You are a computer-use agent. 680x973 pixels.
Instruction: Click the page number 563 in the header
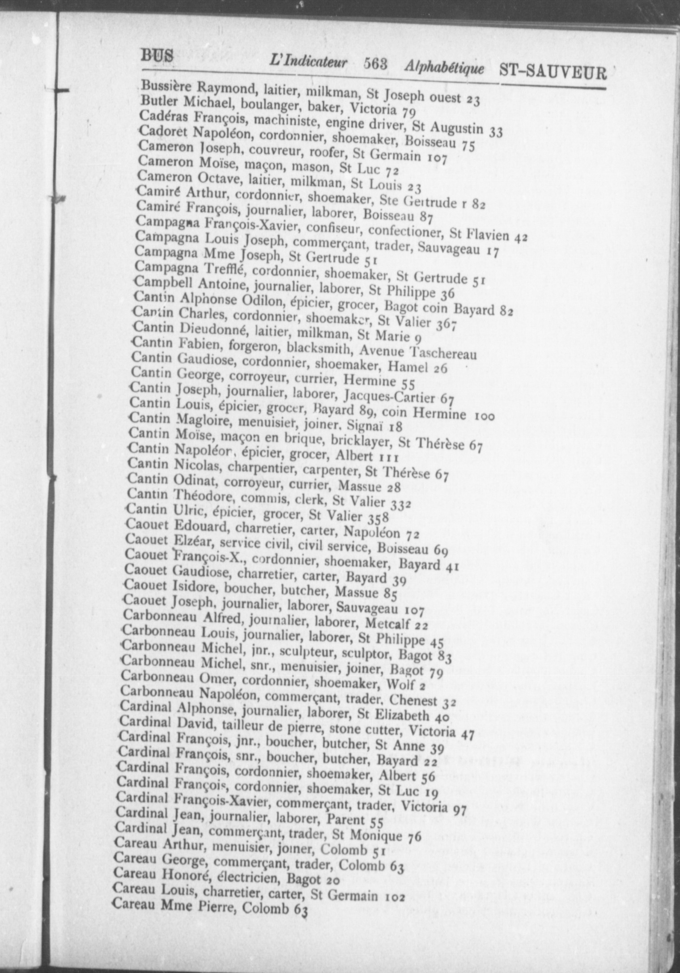pyautogui.click(x=375, y=65)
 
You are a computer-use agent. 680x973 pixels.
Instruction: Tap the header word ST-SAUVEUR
pyautogui.click(x=552, y=72)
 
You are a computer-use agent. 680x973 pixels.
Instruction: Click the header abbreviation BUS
pyautogui.click(x=157, y=55)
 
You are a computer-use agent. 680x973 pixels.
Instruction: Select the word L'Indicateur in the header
pyautogui.click(x=308, y=62)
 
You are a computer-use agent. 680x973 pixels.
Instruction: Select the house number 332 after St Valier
pyautogui.click(x=400, y=504)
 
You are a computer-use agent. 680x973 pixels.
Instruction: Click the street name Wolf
pyautogui.click(x=400, y=684)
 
